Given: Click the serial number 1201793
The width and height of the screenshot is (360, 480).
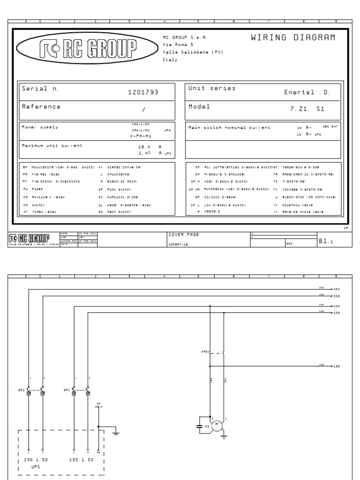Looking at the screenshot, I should [143, 92].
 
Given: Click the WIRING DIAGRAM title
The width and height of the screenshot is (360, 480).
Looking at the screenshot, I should [293, 38].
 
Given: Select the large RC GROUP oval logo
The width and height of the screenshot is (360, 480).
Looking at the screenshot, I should [87, 48].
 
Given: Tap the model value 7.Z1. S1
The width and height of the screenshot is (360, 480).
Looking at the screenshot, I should [307, 108].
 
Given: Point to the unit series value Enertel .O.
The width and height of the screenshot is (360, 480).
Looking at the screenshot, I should [307, 92].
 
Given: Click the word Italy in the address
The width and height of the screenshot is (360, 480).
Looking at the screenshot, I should [170, 60].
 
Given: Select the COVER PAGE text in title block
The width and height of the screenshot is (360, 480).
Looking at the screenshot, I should [184, 234].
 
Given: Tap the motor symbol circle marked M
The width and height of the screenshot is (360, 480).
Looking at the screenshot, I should [217, 425].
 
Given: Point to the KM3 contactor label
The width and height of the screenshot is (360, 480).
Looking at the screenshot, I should [205, 351].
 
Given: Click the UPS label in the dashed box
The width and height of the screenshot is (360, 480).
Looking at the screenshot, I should [36, 467].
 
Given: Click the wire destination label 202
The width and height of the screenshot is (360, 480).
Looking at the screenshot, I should [336, 290].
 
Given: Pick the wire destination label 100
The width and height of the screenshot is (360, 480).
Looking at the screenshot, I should [336, 306].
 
